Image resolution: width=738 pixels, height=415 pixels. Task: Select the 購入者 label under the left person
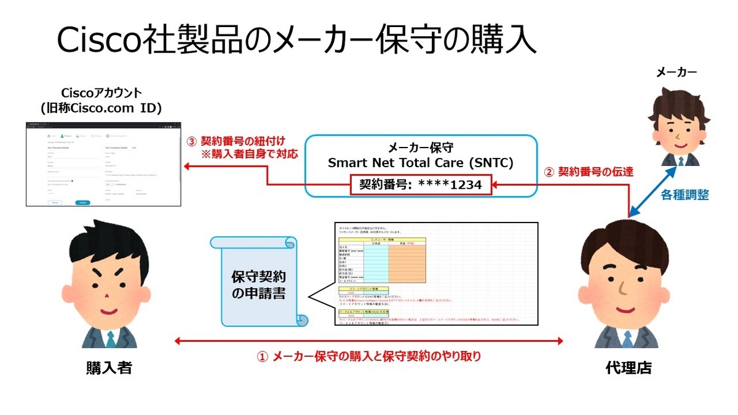109,368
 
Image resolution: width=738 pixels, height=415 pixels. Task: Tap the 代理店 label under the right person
628,368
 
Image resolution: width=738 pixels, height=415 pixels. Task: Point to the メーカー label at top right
676,73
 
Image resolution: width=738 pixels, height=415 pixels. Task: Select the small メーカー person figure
676,129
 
